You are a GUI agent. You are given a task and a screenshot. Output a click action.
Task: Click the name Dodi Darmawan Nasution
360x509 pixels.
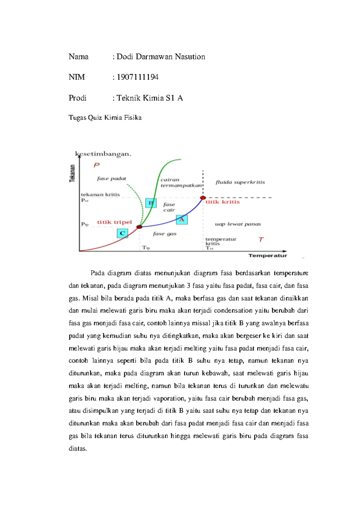click(161, 57)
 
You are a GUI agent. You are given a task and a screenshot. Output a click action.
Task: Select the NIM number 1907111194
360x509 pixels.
click(137, 77)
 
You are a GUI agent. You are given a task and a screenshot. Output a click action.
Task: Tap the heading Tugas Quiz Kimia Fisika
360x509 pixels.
click(105, 117)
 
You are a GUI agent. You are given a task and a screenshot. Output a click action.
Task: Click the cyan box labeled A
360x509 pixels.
click(182, 220)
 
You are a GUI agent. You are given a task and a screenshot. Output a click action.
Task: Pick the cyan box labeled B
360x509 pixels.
click(151, 203)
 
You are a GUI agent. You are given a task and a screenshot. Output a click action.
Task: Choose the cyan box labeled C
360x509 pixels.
click(122, 233)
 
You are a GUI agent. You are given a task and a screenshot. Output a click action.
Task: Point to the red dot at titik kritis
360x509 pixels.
click(203, 197)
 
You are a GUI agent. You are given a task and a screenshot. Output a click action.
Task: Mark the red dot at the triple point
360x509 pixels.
click(139, 227)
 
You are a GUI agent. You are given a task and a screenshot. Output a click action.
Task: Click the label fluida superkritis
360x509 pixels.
click(240, 182)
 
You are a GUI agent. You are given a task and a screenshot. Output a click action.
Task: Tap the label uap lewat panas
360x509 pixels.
click(238, 224)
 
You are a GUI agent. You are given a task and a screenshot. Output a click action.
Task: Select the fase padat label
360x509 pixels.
click(112, 179)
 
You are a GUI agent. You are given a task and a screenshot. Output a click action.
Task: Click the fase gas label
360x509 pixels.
click(165, 233)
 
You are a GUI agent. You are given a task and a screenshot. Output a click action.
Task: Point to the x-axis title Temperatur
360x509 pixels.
click(268, 255)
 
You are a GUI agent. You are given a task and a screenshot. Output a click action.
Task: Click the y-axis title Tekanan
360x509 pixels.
click(72, 173)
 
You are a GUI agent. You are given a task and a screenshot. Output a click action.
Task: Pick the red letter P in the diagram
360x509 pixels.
click(96, 165)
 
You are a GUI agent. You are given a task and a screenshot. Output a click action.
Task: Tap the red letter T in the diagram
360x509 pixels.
click(261, 239)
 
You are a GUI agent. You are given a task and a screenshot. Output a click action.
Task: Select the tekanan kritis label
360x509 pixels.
click(100, 194)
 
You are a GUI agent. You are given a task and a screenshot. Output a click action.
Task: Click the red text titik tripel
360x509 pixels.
click(115, 222)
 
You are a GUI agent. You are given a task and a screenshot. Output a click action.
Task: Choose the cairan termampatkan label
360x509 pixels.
click(181, 183)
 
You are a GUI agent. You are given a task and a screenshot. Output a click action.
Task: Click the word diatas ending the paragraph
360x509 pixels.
click(78, 449)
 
